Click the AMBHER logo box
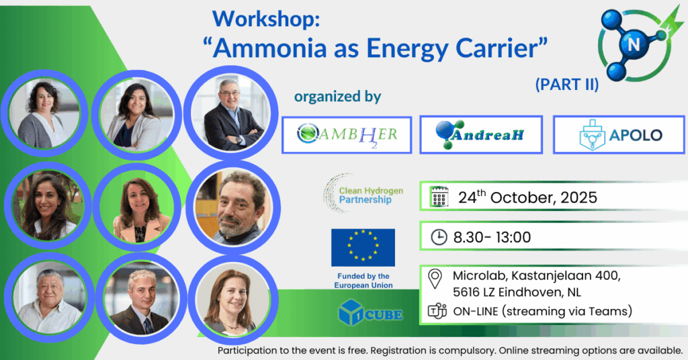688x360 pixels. (347, 134)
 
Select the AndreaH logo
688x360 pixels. (481, 134)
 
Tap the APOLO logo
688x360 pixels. (619, 134)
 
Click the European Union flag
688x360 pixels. (363, 247)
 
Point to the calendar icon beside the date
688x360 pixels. (439, 197)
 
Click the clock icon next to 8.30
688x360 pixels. (439, 237)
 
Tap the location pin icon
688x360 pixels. (435, 279)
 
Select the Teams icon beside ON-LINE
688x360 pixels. (437, 311)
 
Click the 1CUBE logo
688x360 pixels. (370, 312)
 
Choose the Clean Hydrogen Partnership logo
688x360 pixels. (363, 194)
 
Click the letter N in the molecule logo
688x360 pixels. (633, 44)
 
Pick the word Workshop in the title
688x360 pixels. (266, 19)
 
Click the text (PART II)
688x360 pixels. (567, 84)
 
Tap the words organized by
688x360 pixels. (337, 97)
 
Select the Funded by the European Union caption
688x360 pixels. (363, 281)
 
